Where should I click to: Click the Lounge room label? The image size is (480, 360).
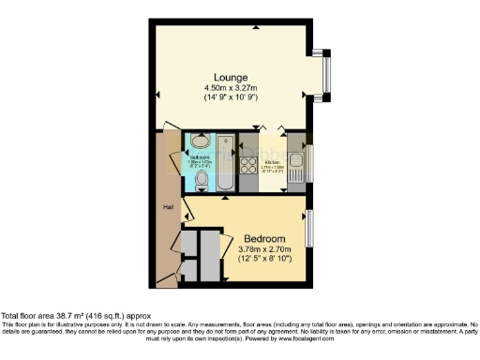tap(230, 77)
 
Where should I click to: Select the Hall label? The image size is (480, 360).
tap(169, 207)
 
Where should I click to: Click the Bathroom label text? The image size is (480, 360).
tap(199, 158)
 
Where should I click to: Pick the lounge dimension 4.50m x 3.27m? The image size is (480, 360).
tap(231, 87)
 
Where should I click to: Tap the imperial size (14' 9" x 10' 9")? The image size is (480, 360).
tap(231, 97)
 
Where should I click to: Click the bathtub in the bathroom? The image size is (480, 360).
tap(225, 162)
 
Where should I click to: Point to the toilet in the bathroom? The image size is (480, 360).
tap(202, 176)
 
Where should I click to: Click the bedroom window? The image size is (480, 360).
tap(309, 230)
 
